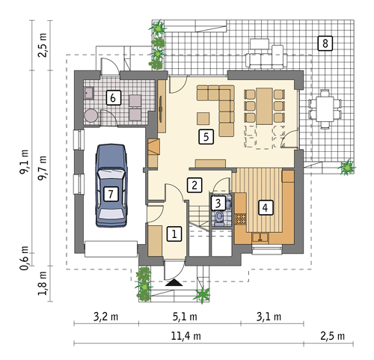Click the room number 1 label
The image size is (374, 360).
click(174, 234)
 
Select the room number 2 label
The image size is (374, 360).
click(194, 185)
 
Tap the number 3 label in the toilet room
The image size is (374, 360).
click(218, 203)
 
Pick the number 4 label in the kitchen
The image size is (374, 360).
click(266, 207)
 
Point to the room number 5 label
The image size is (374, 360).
click(206, 137)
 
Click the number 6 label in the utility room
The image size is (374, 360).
click(114, 97)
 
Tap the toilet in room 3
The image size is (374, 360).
click(219, 219)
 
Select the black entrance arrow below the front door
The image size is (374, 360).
click(174, 282)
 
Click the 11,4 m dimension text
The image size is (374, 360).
click(186, 336)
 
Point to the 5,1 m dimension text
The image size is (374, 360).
click(185, 317)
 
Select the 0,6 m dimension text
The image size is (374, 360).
click(24, 258)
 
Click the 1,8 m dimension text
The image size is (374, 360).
click(42, 284)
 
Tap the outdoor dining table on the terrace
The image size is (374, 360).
click(325, 109)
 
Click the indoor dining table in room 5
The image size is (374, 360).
click(264, 106)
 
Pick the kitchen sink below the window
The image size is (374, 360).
click(260, 237)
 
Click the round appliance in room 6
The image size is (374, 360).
click(91, 115)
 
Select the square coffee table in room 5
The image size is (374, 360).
click(203, 119)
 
